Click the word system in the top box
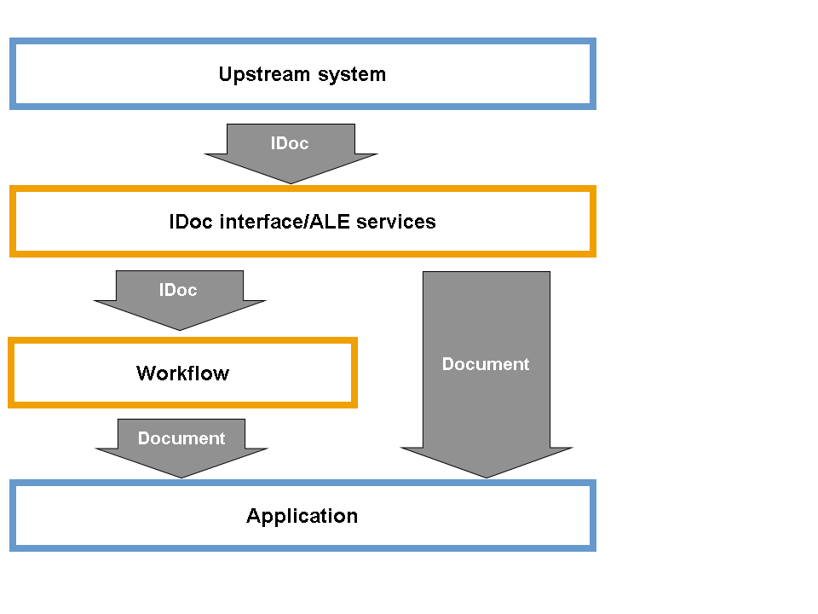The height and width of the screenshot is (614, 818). coord(352,74)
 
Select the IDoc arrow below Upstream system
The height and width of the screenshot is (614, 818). coord(291,158)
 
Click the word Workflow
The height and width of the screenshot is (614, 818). coord(182,374)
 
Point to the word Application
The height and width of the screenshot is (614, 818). coord(302,516)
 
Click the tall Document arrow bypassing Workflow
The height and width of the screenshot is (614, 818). coord(487,401)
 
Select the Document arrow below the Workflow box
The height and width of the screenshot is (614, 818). coord(181,452)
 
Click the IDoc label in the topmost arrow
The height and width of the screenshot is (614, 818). coord(290,143)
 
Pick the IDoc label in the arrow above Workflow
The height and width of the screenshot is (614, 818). coord(178,290)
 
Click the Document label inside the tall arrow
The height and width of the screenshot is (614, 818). coord(486,364)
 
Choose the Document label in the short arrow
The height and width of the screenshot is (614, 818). coord(181,438)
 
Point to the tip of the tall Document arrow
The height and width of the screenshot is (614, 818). coord(487,476)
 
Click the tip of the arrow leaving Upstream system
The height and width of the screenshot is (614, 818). coord(291,182)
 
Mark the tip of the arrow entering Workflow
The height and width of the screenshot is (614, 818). coord(179,328)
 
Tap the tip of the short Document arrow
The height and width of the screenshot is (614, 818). coord(181,476)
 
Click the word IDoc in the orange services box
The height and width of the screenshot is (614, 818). coord(192,222)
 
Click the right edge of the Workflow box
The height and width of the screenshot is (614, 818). coord(354,374)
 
